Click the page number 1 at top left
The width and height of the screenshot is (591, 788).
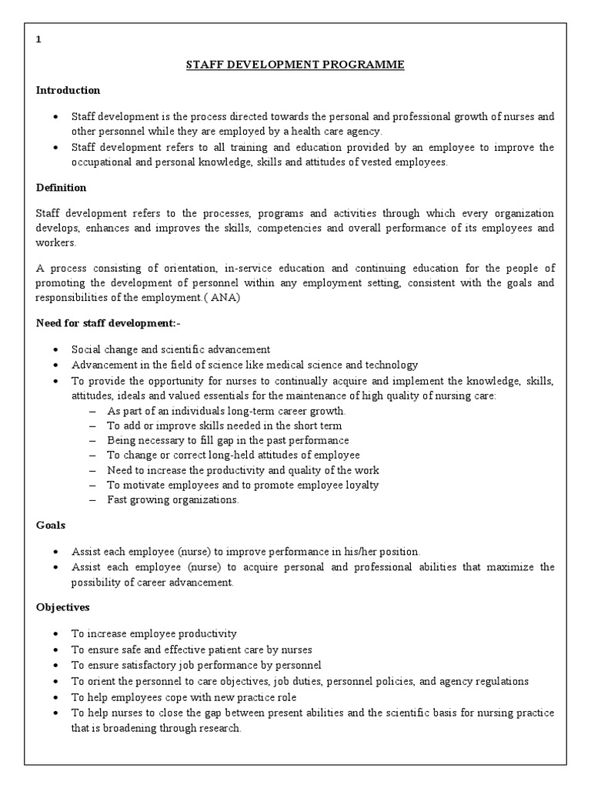[38, 42]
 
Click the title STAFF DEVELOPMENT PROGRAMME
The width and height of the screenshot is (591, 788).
[295, 65]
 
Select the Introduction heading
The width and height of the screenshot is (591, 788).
[68, 91]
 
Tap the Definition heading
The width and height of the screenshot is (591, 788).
[61, 188]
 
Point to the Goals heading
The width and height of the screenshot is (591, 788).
[51, 525]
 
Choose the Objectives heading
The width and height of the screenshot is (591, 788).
[63, 607]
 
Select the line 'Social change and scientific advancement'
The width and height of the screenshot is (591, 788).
[171, 349]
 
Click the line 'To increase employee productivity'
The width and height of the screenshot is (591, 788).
[154, 634]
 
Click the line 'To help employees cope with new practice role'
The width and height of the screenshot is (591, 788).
[184, 697]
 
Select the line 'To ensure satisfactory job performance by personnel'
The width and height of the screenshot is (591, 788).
[196, 665]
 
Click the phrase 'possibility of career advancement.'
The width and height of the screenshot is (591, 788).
[152, 583]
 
